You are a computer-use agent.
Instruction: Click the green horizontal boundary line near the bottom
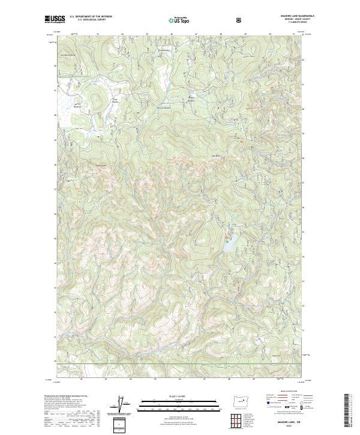180,364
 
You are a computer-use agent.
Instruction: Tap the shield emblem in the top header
240,20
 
